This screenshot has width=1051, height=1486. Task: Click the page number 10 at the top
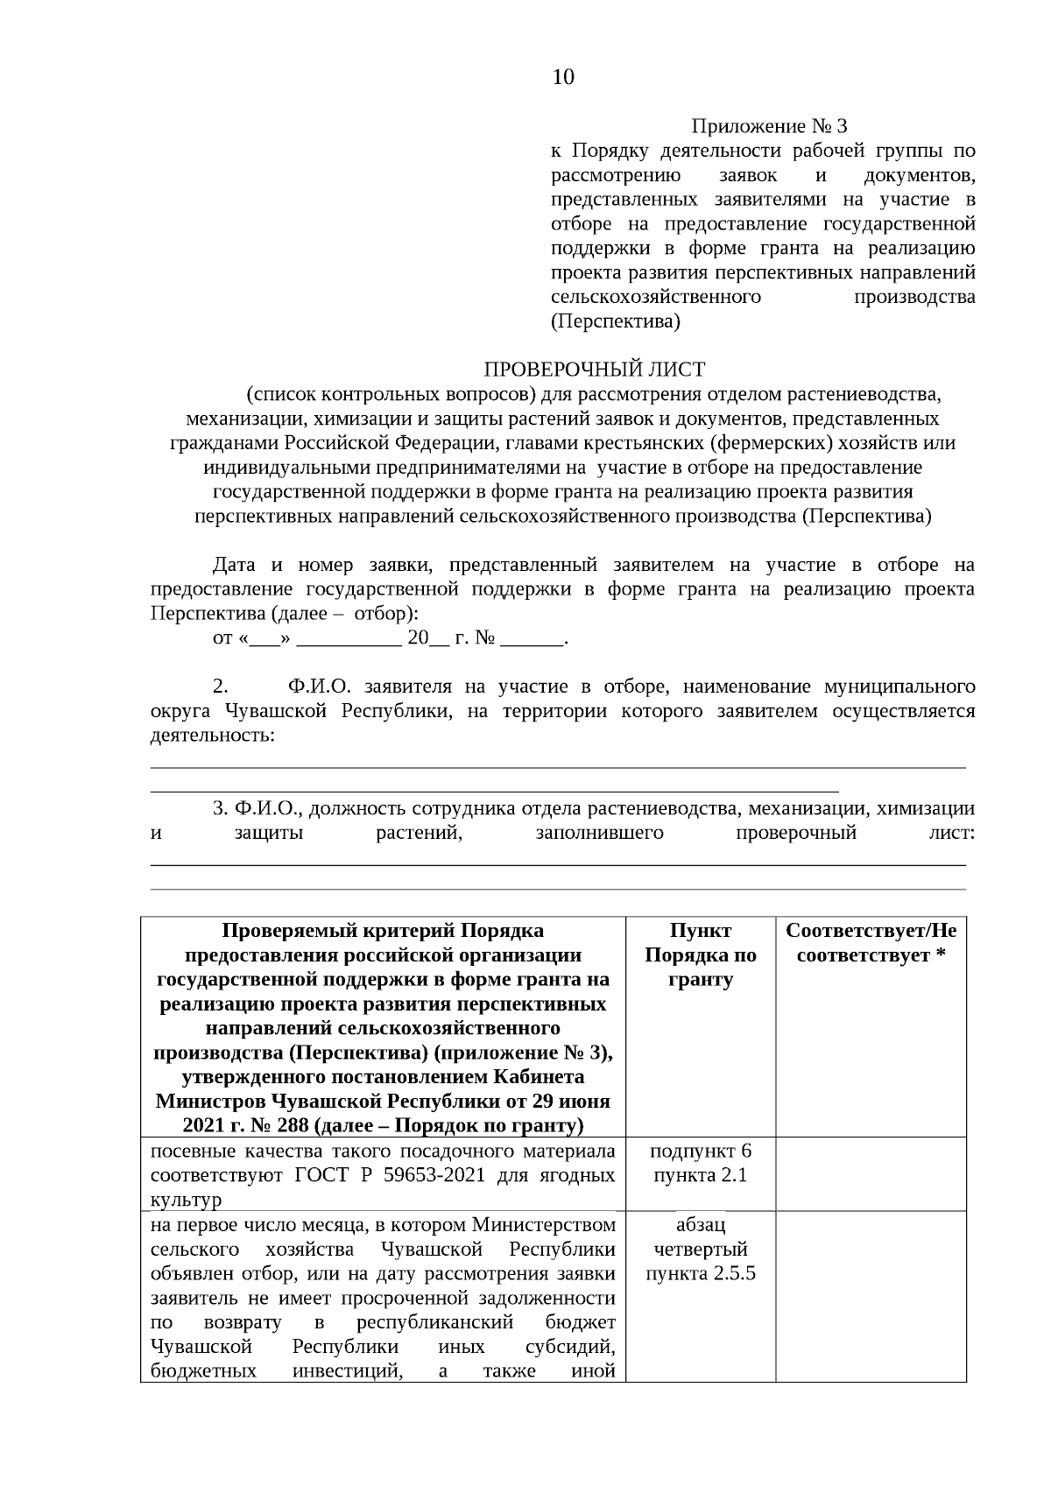(563, 77)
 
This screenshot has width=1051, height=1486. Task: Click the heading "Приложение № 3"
(770, 127)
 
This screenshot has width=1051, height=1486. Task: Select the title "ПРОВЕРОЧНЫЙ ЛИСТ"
(595, 370)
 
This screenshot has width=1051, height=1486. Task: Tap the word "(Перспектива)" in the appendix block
(616, 321)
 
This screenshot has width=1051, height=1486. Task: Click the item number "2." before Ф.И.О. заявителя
(221, 686)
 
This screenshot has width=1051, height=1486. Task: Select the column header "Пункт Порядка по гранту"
(700, 954)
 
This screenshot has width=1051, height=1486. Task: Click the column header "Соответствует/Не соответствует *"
(871, 942)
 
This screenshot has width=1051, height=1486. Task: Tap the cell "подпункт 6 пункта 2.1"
(700, 1162)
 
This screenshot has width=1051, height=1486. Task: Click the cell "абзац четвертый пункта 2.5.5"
(700, 1248)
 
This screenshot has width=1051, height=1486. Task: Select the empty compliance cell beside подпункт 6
(871, 1173)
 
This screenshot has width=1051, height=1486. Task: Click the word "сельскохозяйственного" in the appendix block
(656, 297)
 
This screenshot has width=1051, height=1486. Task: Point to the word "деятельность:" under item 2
(213, 735)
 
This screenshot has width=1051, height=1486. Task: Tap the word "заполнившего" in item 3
(599, 833)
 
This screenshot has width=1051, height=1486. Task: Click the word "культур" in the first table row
(186, 1199)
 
